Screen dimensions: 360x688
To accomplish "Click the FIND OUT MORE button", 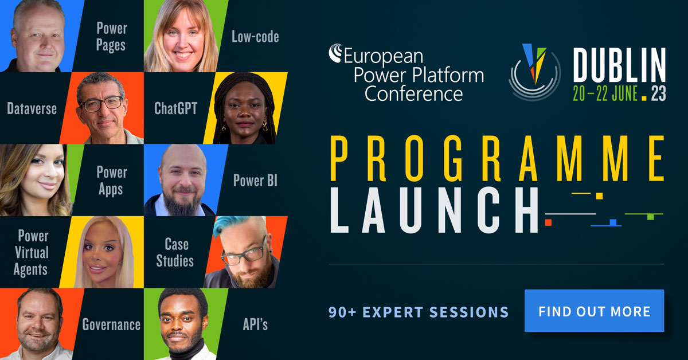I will [594, 311].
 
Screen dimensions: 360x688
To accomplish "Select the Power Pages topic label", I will [111, 36].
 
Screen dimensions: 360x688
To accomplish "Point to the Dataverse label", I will [32, 108].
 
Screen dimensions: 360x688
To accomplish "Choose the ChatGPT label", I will [175, 108].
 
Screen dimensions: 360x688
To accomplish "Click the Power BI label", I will [255, 181].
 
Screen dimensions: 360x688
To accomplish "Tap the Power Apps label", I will [112, 180].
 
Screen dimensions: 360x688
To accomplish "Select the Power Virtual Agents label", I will [33, 252].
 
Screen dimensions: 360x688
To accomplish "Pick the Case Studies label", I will [175, 252].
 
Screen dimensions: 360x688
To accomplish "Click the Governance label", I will [111, 325].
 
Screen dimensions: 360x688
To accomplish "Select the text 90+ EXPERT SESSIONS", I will [419, 312].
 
